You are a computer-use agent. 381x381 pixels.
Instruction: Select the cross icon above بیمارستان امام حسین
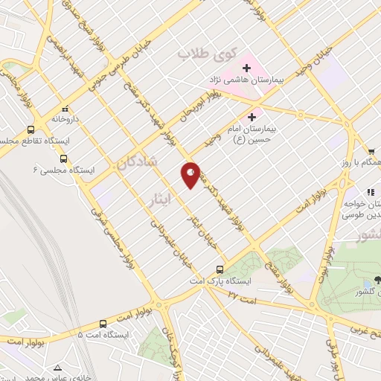click(x=252, y=117)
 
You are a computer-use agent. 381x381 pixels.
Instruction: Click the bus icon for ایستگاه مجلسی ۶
click(x=63, y=159)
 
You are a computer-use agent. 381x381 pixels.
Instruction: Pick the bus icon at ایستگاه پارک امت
click(x=220, y=270)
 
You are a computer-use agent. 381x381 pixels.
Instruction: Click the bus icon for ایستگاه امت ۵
click(x=103, y=324)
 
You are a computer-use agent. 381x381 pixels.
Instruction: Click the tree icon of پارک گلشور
click(x=377, y=280)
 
